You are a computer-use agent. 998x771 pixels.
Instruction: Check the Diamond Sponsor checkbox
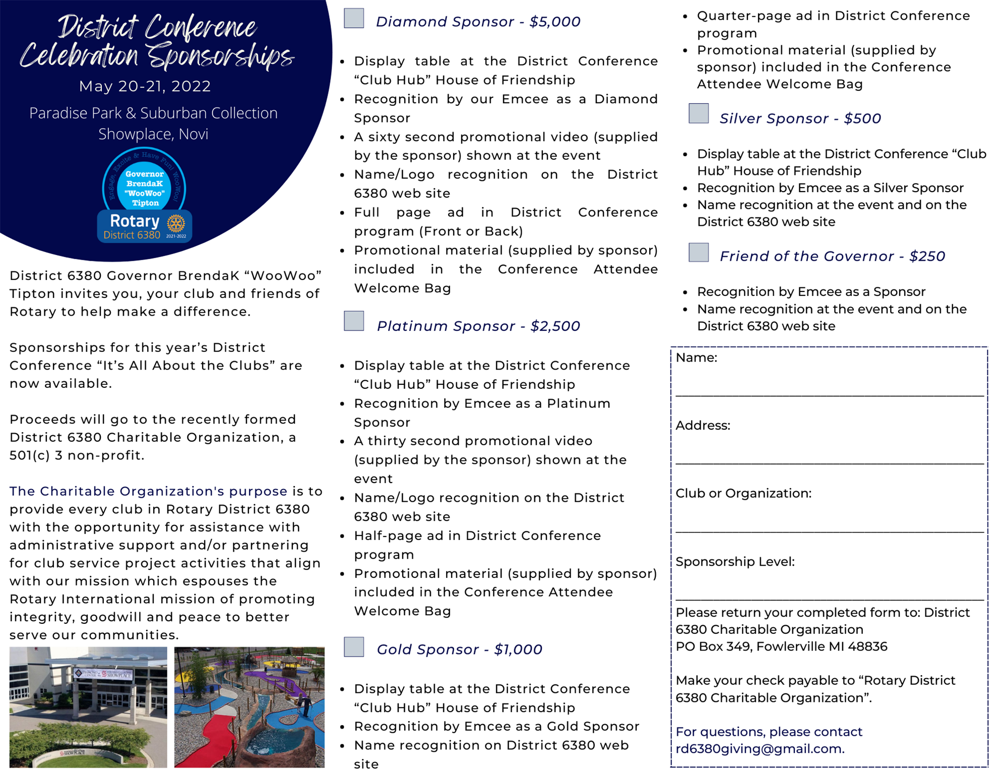coord(354,18)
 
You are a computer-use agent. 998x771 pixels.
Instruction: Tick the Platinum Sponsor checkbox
coord(354,321)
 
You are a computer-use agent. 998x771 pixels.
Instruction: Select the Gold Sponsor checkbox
coord(354,646)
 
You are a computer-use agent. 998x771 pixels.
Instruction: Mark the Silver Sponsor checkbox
coord(699,113)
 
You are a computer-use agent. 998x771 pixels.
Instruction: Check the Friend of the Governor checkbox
coord(699,252)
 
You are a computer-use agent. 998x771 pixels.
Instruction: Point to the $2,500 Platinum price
coord(555,326)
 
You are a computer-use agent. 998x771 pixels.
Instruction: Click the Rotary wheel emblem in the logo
coord(176,222)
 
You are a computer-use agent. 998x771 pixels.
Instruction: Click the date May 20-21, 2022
coord(145,86)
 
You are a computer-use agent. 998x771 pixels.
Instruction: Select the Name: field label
coord(696,358)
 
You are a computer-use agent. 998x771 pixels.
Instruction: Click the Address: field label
coord(703,425)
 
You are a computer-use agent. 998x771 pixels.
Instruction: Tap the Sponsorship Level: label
coord(735,561)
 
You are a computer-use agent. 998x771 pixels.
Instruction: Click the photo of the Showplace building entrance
coord(88,707)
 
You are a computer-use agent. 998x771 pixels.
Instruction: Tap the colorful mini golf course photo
coord(249,707)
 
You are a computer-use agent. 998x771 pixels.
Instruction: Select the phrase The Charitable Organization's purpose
coord(148,491)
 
